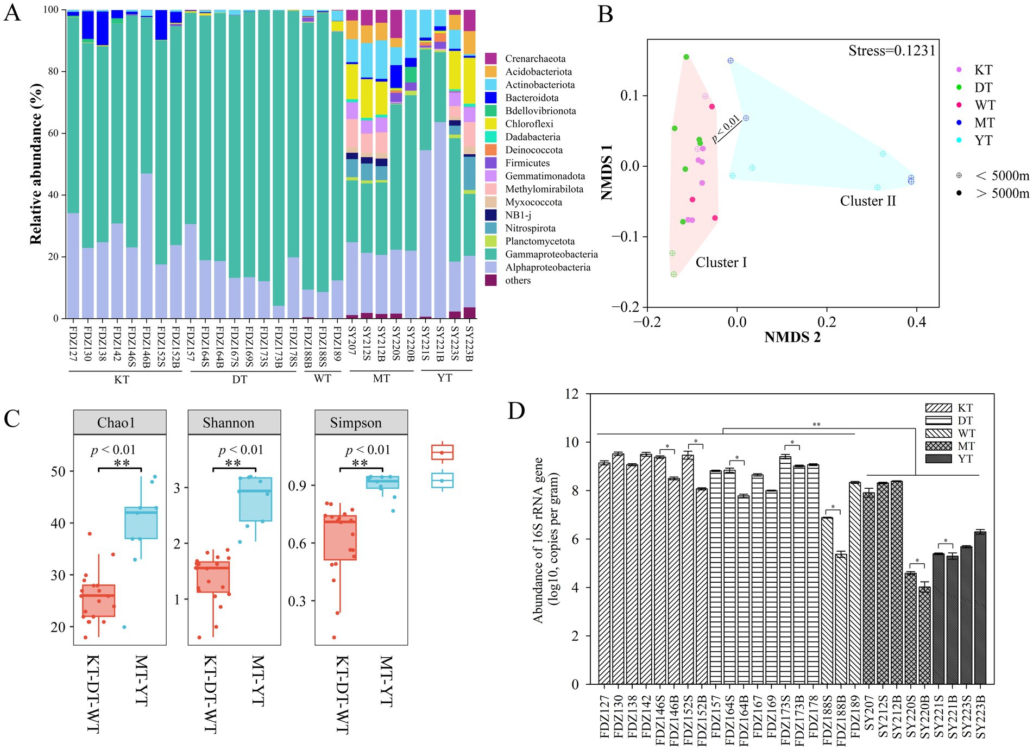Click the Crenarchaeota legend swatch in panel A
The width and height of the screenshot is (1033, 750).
pos(490,59)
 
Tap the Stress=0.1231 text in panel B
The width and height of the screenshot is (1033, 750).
pos(892,51)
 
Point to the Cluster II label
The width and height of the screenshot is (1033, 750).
pos(867,201)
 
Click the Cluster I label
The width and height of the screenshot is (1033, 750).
pos(721,262)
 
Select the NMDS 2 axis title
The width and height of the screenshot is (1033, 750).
pos(792,337)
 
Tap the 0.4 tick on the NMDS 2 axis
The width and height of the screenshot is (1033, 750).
pos(916,322)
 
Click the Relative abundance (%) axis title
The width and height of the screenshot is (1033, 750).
pos(36,163)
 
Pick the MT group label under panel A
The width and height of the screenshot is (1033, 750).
pos(381,379)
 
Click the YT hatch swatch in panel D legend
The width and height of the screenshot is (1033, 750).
pos(938,459)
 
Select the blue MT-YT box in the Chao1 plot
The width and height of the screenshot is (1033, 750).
pos(141,522)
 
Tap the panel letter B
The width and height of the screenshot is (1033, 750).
pos(605,14)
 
